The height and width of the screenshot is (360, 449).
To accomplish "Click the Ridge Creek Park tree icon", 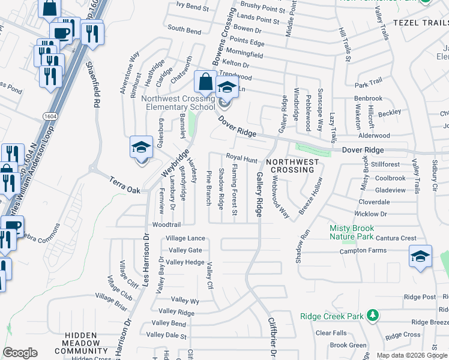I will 373,315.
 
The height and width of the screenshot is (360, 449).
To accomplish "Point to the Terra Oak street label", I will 125,185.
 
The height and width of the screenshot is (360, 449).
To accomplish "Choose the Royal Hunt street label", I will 241,158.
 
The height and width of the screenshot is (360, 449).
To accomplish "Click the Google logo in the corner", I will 20,353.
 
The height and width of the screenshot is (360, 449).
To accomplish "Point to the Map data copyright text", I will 412,355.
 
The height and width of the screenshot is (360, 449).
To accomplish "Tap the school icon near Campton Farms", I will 421,256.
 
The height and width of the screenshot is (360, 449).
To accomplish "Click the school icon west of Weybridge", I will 141,148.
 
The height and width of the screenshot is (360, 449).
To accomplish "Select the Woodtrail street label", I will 166,224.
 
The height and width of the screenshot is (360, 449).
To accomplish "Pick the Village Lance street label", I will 185,238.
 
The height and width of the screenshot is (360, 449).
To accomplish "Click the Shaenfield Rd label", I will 95,84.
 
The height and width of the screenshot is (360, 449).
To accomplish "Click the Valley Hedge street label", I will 185,262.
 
